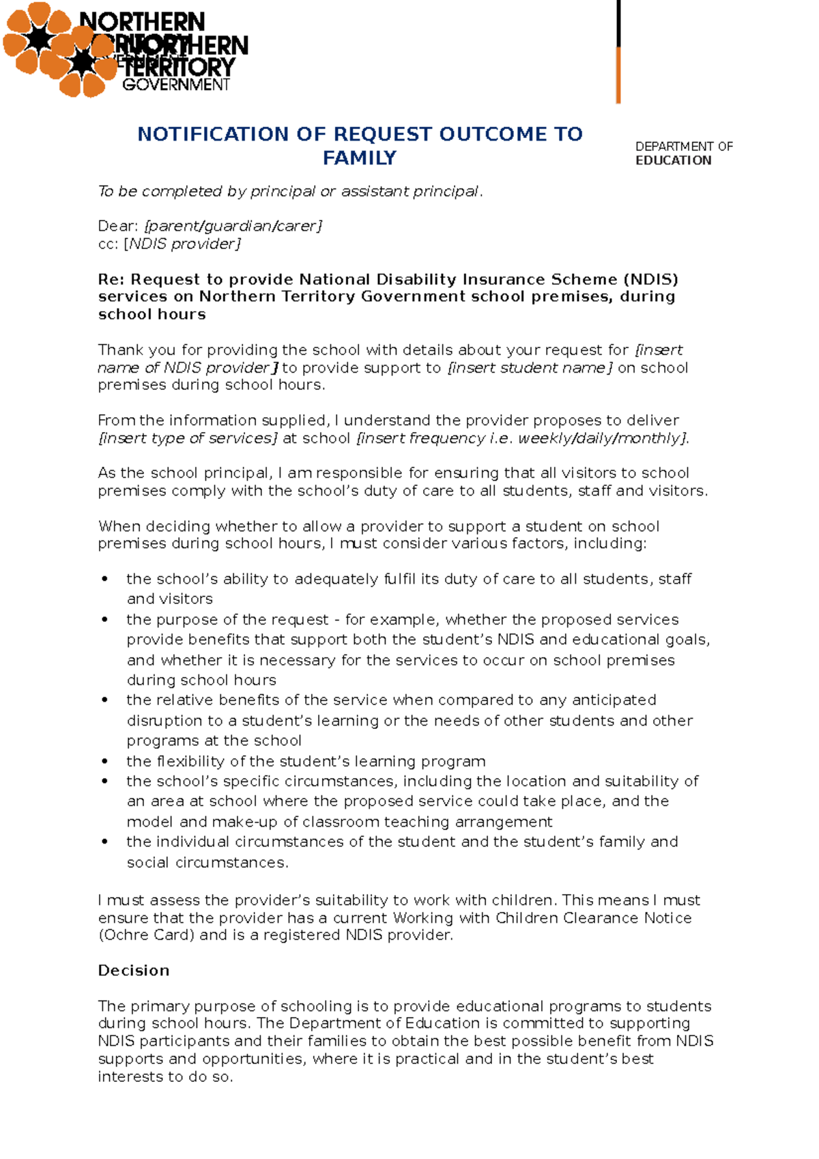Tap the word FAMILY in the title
[359, 158]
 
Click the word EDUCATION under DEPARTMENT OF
[673, 160]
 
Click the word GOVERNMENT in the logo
[176, 85]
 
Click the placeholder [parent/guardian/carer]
[233, 226]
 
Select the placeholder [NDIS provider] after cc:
[182, 244]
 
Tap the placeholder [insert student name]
[530, 368]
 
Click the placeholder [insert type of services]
[188, 438]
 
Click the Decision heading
[133, 971]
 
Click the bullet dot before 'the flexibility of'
[104, 761]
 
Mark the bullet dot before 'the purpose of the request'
[104, 620]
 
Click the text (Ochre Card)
[146, 935]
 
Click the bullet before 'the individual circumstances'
[104, 842]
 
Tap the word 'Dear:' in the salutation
[118, 226]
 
